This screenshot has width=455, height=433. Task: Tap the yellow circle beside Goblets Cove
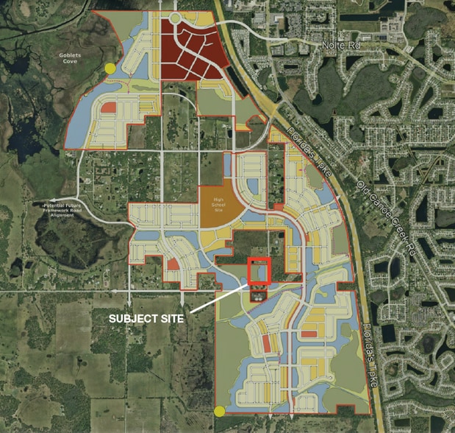click(110, 68)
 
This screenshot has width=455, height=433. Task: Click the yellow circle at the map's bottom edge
click(219, 411)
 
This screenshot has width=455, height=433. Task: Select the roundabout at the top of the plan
click(176, 18)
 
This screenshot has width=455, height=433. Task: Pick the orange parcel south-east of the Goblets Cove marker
click(109, 108)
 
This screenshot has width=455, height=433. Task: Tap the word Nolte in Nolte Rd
click(331, 46)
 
